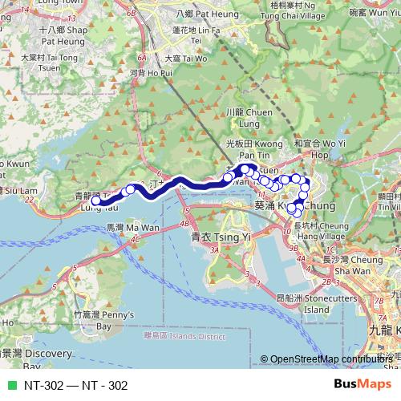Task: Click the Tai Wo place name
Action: point(177,58)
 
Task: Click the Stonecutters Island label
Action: point(305,303)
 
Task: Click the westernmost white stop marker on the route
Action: point(95,201)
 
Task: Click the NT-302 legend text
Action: point(76,385)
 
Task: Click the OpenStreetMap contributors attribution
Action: point(330,359)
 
